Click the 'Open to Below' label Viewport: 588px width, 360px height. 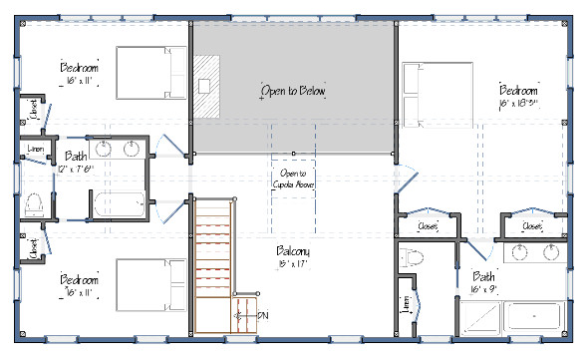coord(293,91)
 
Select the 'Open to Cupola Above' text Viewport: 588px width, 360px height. coord(293,180)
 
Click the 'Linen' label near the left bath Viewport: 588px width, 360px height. coord(33,151)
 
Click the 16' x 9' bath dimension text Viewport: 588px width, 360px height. coord(484,290)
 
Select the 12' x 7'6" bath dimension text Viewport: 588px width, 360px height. coord(76,169)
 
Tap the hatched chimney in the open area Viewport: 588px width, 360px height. coord(205,86)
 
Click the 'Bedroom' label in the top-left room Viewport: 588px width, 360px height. coord(78,68)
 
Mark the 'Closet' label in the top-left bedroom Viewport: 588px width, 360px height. coord(34,114)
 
